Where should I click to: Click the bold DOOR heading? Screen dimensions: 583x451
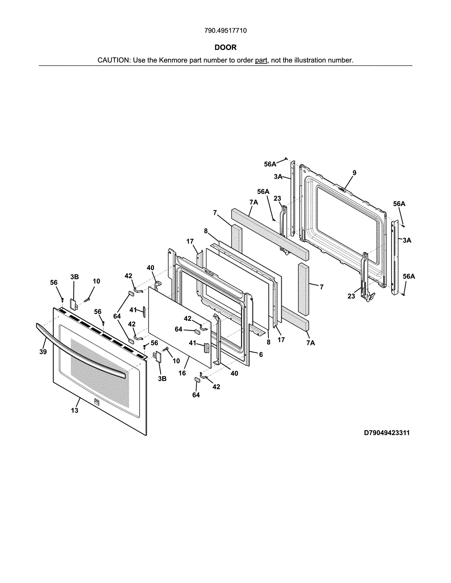(225, 48)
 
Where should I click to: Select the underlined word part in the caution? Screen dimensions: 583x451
(261, 60)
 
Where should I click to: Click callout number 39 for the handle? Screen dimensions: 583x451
(43, 352)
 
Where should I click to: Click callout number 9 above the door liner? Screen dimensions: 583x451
(354, 173)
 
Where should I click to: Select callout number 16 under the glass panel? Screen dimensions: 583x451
(182, 373)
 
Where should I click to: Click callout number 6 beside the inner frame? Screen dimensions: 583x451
(261, 355)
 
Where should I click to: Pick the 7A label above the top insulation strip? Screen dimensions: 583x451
(254, 202)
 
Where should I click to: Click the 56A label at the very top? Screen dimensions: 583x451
(270, 164)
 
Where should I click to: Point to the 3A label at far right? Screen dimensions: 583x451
(407, 240)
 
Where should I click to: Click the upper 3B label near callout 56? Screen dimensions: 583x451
(74, 277)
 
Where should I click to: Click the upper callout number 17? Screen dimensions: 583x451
(190, 241)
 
